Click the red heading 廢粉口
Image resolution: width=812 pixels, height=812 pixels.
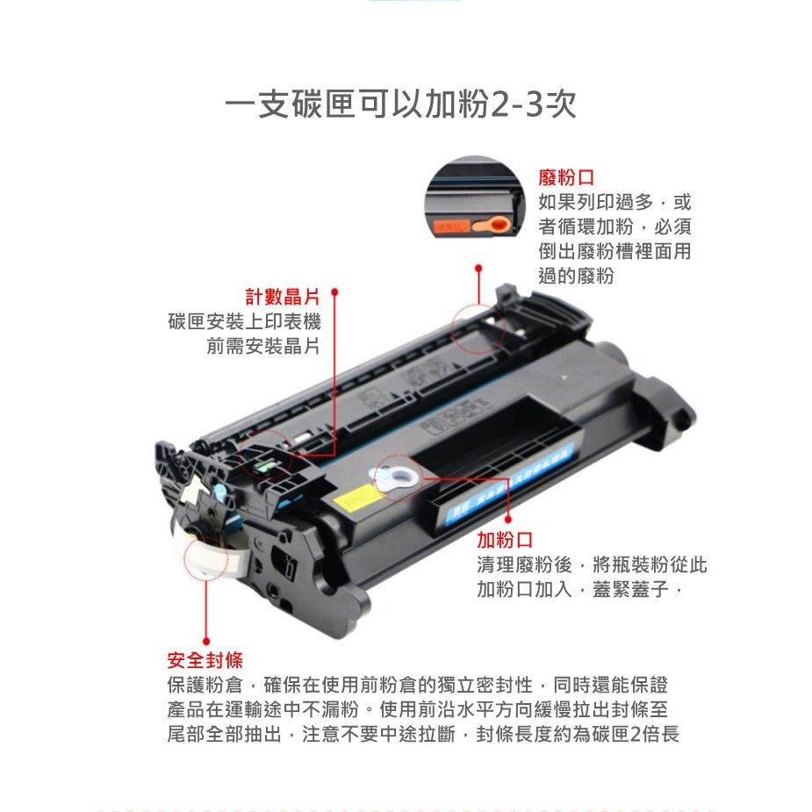[x=566, y=177]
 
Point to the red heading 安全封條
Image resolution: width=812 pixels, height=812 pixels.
[x=205, y=659]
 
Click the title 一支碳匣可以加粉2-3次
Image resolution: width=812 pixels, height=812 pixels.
[x=400, y=105]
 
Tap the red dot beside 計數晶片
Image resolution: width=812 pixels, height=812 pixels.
[x=334, y=296]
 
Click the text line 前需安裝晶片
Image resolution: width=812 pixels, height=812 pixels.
[x=263, y=346]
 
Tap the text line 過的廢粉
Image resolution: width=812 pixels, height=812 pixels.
[x=576, y=276]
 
